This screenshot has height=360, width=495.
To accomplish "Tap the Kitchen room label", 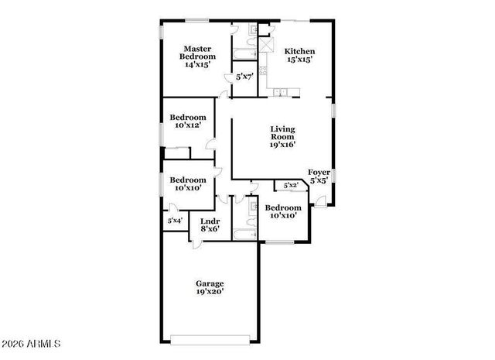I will tap(299, 51).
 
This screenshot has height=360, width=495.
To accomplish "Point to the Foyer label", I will tap(319, 172).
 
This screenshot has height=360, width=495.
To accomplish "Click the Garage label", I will tap(210, 283).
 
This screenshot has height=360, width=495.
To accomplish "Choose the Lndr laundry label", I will tap(210, 220).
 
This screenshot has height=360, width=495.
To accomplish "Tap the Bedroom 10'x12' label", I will tap(187, 118).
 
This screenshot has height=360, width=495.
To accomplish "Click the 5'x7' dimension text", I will tap(244, 77).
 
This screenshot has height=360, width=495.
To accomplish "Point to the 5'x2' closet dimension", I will tap(291, 186).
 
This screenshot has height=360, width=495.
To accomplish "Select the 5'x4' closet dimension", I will tap(174, 221).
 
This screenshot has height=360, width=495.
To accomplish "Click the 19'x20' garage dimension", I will tap(210, 293).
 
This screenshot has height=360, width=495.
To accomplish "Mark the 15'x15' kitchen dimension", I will tap(299, 60).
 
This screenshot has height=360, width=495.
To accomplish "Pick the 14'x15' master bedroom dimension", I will tap(198, 65).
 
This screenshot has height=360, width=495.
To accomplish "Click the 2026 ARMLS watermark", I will tap(31, 342).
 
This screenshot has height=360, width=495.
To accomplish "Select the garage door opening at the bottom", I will tap(210, 338).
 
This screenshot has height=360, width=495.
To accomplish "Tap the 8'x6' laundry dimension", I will tap(210, 228).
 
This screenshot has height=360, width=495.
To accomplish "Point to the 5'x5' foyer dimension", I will tap(319, 180).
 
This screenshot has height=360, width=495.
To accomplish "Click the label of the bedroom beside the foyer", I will tap(282, 207).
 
